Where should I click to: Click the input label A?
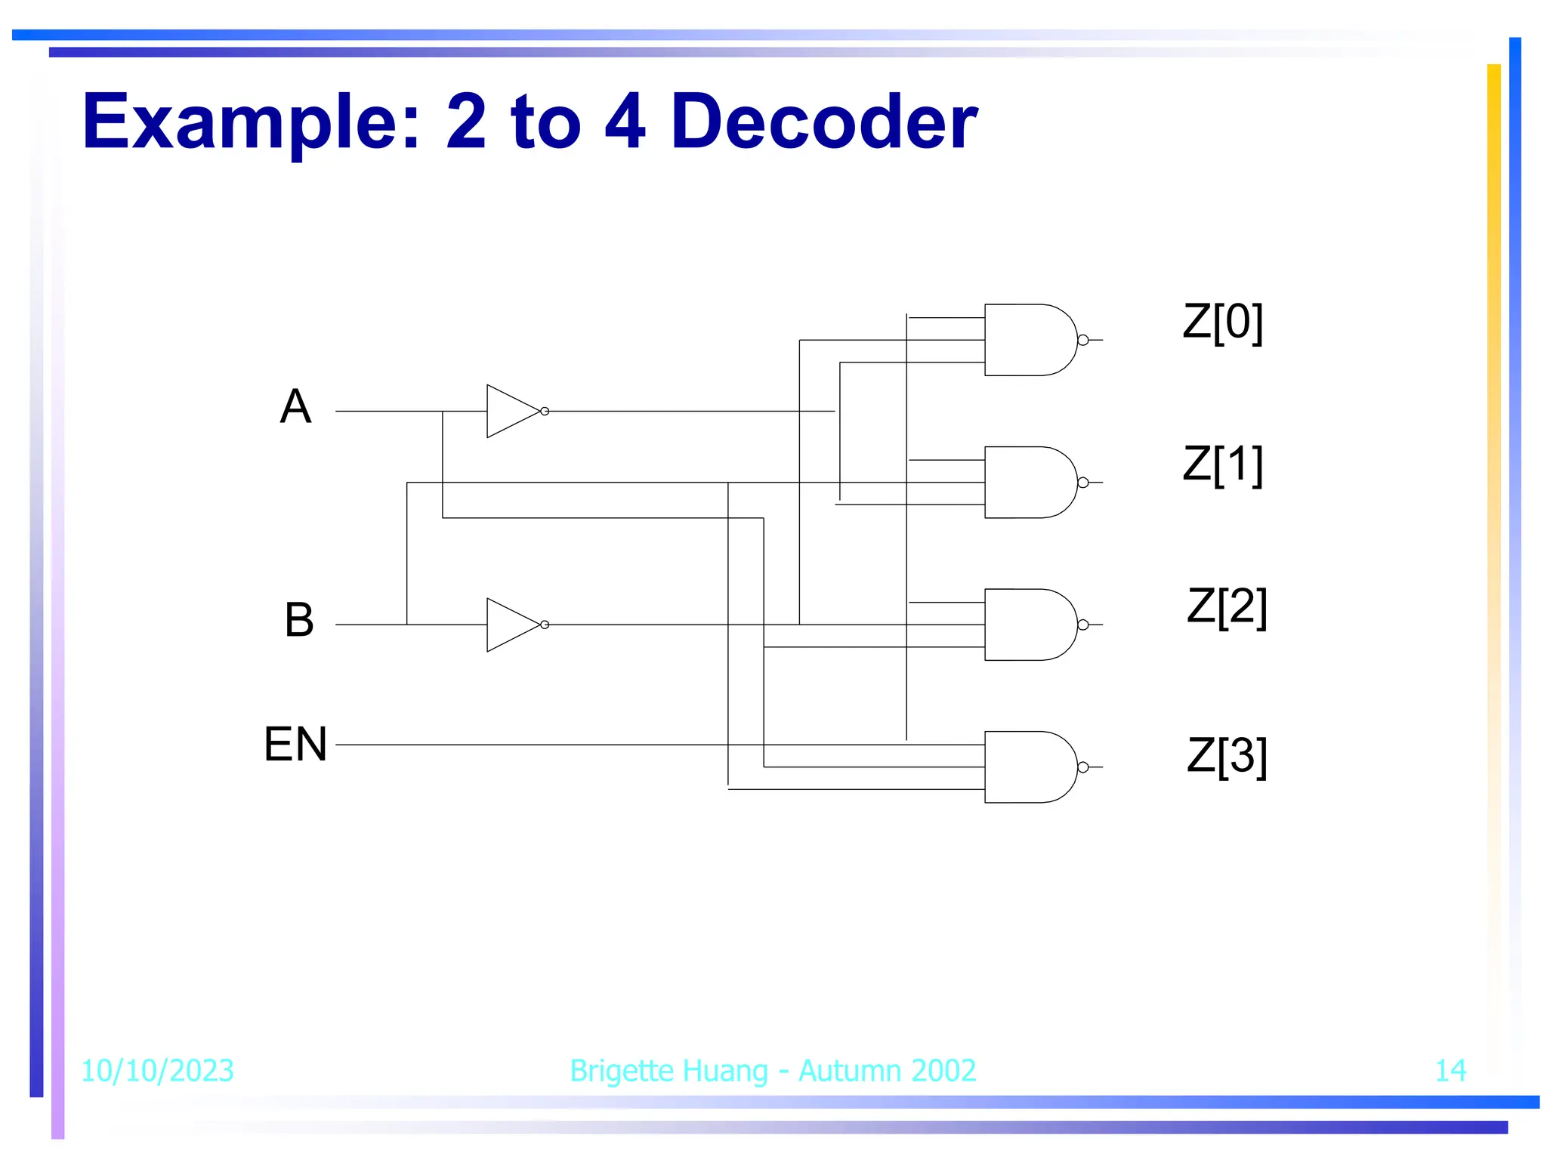[x=295, y=407]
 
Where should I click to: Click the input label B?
[x=299, y=620]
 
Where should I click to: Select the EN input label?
[x=295, y=744]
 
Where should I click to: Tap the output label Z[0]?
[x=1222, y=322]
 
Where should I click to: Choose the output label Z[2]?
[x=1226, y=606]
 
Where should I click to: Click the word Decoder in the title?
[x=824, y=122]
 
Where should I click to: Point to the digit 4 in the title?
[x=625, y=122]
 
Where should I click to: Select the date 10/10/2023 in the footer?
[x=157, y=1070]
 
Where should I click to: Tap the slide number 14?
[x=1450, y=1070]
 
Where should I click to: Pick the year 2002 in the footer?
[x=943, y=1070]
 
